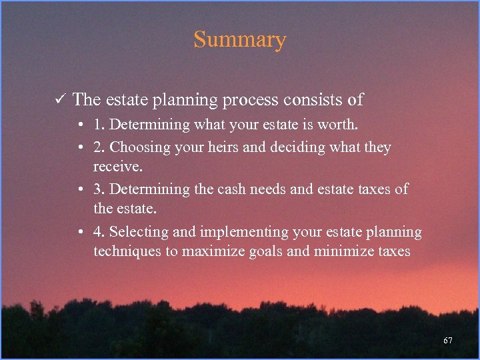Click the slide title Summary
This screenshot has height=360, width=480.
(x=239, y=40)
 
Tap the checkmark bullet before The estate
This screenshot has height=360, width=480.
(x=59, y=100)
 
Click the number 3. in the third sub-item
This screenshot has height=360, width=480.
(x=99, y=189)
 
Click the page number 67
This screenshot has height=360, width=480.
(x=448, y=341)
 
